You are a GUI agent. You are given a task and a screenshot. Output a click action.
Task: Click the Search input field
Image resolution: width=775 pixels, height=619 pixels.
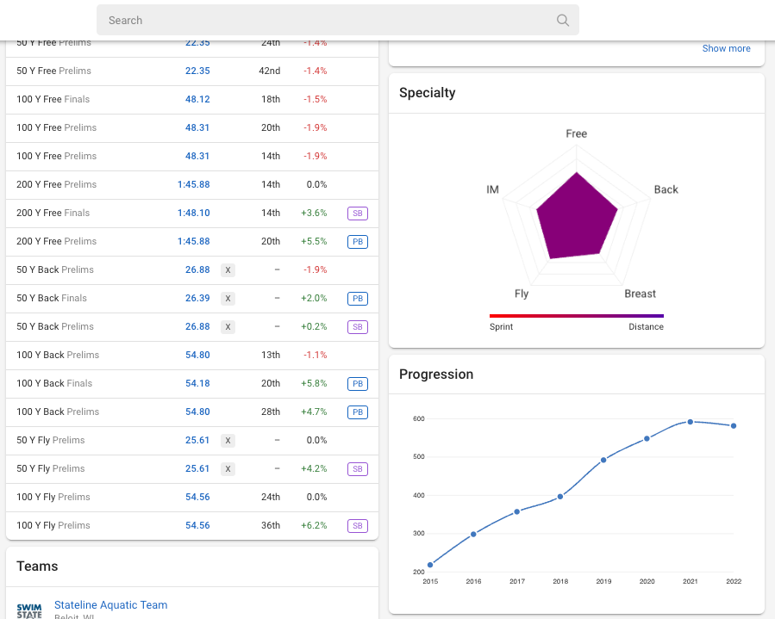click(x=328, y=21)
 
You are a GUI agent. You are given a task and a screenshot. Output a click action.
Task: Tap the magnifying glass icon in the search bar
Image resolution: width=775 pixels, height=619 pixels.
click(x=563, y=21)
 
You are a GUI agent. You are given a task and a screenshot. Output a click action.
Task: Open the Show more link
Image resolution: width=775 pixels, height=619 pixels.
click(x=726, y=49)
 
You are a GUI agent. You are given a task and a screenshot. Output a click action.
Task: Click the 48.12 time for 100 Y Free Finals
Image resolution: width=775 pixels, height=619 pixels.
click(x=197, y=99)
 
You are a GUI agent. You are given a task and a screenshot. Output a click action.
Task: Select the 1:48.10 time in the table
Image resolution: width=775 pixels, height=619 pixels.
click(x=194, y=213)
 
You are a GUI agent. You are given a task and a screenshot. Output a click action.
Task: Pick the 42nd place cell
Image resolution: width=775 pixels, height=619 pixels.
click(x=271, y=71)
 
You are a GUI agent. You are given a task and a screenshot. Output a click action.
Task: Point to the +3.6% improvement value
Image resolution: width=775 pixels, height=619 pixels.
click(x=314, y=213)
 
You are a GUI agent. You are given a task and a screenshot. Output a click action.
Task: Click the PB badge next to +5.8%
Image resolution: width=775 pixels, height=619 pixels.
click(x=358, y=383)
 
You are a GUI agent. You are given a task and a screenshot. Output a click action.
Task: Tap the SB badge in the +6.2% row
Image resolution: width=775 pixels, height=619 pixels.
click(x=358, y=525)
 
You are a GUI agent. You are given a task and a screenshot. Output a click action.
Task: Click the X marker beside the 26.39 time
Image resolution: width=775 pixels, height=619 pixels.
click(x=228, y=298)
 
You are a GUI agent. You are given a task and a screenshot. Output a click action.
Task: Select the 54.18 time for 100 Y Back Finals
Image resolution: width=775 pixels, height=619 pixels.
click(x=197, y=383)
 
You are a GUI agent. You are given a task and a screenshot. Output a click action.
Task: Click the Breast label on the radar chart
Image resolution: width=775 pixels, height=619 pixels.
click(x=640, y=294)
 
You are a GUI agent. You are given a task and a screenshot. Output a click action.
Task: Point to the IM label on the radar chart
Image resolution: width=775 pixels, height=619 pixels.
click(x=492, y=189)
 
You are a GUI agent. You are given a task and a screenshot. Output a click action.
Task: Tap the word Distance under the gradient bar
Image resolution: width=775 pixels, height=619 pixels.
click(x=646, y=327)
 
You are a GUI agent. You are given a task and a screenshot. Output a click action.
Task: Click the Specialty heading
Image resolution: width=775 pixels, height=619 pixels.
click(x=428, y=93)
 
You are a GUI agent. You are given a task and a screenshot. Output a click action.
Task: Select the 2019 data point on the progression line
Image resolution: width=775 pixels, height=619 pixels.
click(x=603, y=460)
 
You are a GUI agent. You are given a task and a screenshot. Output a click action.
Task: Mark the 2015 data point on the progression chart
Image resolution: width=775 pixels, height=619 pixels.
click(x=430, y=566)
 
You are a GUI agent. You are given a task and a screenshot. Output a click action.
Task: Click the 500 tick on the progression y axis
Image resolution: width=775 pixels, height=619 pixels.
click(x=418, y=456)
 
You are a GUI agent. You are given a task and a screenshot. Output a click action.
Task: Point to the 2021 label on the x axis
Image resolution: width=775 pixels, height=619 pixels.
click(x=691, y=582)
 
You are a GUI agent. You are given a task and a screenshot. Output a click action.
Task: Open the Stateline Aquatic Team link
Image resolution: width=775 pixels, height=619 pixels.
click(x=110, y=605)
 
